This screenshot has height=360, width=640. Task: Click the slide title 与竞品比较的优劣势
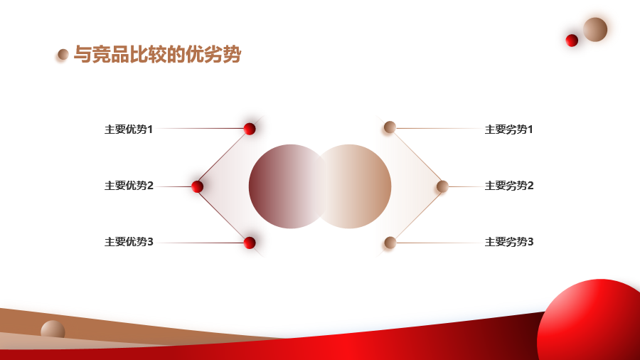click(157, 54)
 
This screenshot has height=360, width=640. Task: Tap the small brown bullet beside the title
click(63, 54)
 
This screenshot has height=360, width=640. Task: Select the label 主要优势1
click(129, 129)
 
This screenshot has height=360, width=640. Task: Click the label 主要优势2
click(129, 186)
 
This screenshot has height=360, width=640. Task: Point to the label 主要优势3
click(129, 242)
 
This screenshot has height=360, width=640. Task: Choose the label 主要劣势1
click(508, 129)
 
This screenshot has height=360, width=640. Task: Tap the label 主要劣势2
click(509, 186)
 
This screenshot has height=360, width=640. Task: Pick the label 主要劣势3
click(509, 242)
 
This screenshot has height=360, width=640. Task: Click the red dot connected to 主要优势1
click(250, 129)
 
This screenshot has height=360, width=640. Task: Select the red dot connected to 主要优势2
click(197, 186)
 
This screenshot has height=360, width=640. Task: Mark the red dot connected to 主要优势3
click(250, 243)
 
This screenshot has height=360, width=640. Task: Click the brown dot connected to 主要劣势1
click(390, 127)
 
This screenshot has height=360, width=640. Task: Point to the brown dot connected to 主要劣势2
click(442, 186)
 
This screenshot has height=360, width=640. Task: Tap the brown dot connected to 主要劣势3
click(390, 243)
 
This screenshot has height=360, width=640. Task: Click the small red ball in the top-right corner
click(572, 41)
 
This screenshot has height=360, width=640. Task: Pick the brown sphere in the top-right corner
click(595, 29)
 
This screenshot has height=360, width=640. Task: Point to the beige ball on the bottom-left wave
click(53, 330)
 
